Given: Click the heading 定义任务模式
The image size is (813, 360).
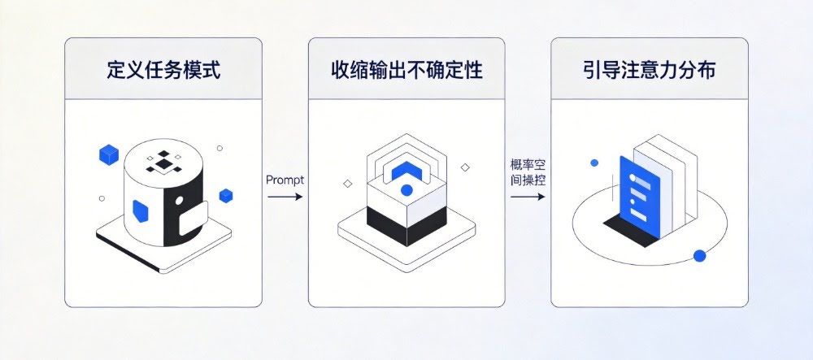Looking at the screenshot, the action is click(x=163, y=70).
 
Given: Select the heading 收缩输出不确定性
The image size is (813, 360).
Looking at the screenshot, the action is click(x=406, y=70).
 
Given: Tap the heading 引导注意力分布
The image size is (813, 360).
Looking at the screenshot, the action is click(x=649, y=70).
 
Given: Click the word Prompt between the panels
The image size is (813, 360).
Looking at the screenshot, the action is click(x=285, y=180).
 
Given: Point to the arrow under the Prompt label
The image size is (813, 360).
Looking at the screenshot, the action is click(x=285, y=197).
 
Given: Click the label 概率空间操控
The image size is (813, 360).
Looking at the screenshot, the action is click(x=528, y=174).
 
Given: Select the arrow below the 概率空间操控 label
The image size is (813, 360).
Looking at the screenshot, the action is click(x=528, y=197).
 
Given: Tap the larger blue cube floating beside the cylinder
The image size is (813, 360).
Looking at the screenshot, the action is click(x=108, y=155).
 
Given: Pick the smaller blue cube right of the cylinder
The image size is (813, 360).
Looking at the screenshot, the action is click(x=225, y=195).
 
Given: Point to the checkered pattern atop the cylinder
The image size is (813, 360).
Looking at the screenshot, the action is click(x=163, y=163).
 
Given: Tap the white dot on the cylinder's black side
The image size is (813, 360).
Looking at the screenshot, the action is click(x=180, y=200).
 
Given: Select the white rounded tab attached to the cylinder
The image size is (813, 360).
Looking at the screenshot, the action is click(x=193, y=219).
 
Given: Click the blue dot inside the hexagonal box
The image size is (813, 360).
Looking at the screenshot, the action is click(x=406, y=190).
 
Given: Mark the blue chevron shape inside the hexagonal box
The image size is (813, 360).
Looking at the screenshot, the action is click(x=406, y=171).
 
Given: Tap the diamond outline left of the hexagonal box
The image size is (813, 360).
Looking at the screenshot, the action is click(x=347, y=184).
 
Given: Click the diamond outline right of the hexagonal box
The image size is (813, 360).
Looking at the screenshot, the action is click(x=465, y=167).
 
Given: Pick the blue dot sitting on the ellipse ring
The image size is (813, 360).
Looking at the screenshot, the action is click(x=699, y=255).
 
